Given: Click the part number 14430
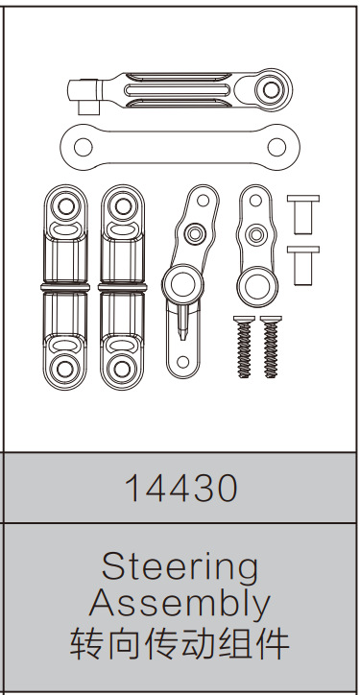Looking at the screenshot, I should (x=180, y=489).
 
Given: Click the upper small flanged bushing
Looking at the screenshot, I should (x=302, y=210).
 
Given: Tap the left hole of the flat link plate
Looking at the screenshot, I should (x=84, y=148).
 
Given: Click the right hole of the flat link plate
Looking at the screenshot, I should (x=277, y=148).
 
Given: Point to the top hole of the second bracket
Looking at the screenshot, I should (x=121, y=204).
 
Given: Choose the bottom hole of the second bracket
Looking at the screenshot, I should (x=121, y=367).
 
